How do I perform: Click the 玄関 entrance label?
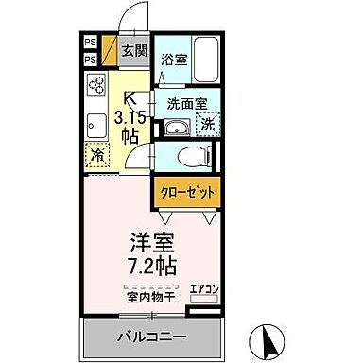pos(133,51)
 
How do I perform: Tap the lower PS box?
pos(91,60)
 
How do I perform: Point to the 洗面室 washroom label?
pos(187,103)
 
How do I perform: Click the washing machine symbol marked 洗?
pos(208,126)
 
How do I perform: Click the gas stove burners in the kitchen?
pos(97,88)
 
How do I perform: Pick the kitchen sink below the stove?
pos(96,124)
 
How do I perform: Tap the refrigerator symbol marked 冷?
pos(97,157)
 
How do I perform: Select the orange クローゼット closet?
pos(186,192)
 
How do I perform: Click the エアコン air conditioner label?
pos(203,289)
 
